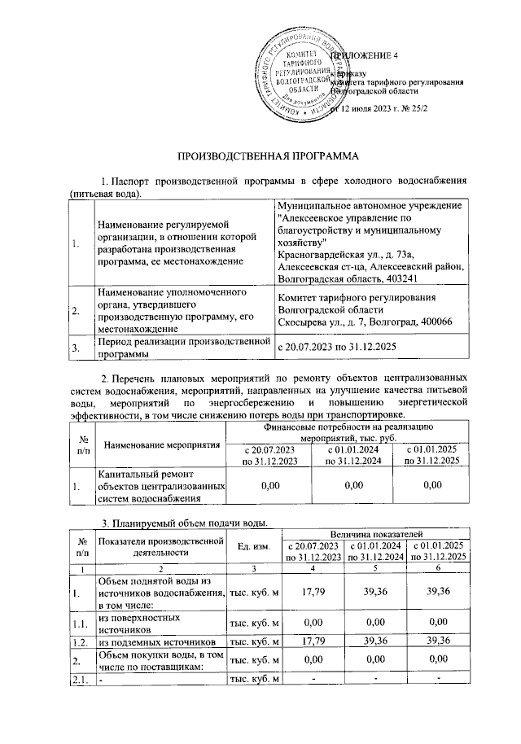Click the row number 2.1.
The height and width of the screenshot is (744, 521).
(x=82, y=680)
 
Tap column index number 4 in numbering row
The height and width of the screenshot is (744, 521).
(x=311, y=567)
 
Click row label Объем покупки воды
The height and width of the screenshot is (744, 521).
(x=159, y=659)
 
